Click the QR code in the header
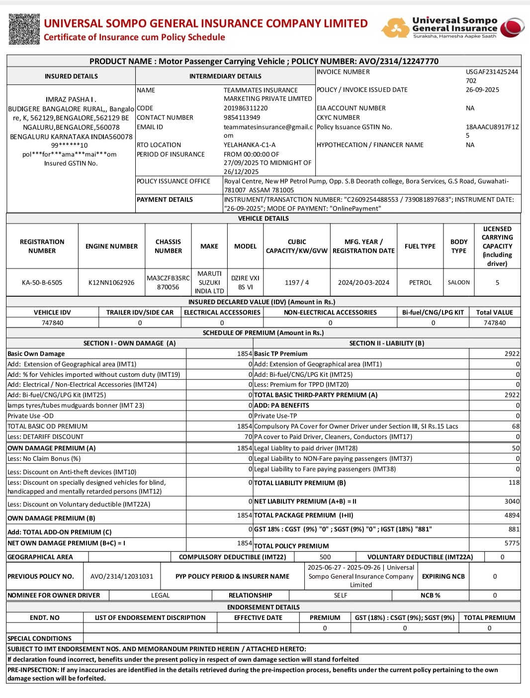24,29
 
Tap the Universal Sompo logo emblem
512,28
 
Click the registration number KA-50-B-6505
42,282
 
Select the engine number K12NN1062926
111,282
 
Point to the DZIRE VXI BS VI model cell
245,282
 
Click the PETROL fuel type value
420,282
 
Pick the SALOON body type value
458,282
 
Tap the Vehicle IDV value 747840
52,323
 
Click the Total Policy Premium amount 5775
512,543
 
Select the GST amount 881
514,529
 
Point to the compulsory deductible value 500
325,557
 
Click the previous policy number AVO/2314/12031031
122,576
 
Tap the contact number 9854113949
242,117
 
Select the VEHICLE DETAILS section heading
263,218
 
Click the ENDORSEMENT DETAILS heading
263,607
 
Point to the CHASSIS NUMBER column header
168,246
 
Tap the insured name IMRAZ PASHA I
71,99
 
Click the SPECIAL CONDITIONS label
40,638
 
